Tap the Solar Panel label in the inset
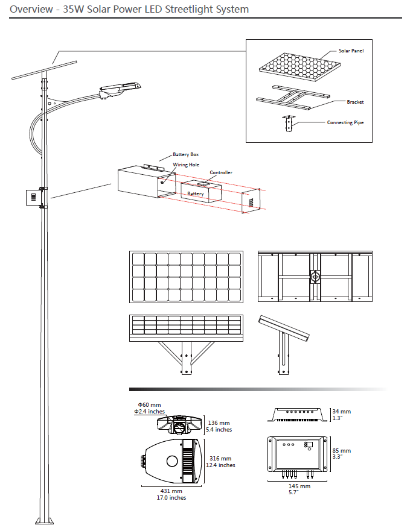(351, 51)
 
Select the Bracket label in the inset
(355, 102)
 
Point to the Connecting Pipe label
(345, 122)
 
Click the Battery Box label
(185, 155)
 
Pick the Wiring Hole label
(186, 165)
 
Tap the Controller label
(221, 172)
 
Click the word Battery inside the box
(196, 193)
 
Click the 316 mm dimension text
(219, 459)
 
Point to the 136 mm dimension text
(219, 423)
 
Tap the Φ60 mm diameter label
(149, 404)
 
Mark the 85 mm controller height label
(341, 450)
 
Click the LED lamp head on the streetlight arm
(121, 88)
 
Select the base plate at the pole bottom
(43, 521)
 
